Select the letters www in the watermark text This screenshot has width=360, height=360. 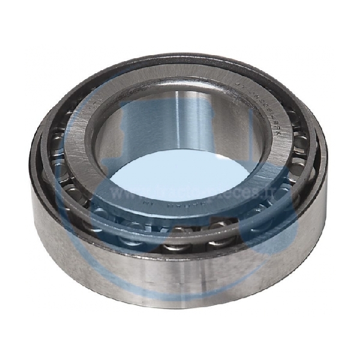coord(123,193)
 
